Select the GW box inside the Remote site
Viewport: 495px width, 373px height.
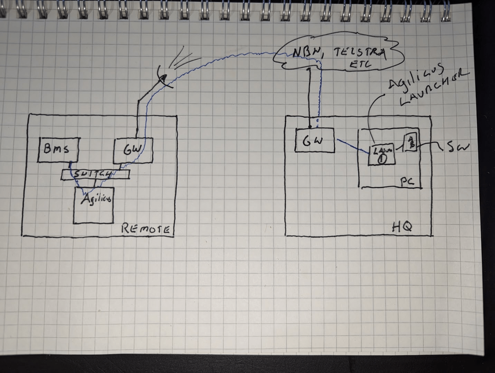pos(133,150)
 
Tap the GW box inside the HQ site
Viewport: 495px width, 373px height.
pos(315,140)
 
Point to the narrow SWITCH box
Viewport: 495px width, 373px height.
pos(96,175)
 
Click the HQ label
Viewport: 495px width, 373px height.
pos(402,227)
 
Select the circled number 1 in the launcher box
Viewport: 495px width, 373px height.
pos(382,159)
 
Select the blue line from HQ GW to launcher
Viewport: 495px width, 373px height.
pos(353,146)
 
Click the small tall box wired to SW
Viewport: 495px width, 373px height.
pos(411,142)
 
